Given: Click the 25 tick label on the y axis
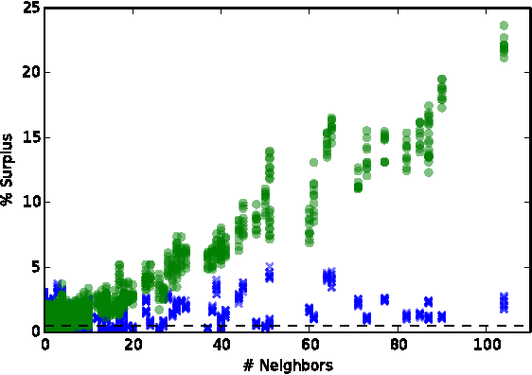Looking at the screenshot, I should pos(29,8).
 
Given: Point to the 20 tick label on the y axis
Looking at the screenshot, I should pos(29,72).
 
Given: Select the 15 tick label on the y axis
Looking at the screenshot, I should pos(29,137).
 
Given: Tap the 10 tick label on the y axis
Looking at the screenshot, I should pos(29,202).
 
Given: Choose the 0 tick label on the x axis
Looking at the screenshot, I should pos(45,345).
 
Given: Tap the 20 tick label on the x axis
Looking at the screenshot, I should pos(133,345).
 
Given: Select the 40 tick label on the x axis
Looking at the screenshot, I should pos(222,345).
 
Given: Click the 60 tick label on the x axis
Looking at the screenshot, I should pos(310,345).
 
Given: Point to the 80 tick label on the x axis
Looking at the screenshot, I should pos(398,345).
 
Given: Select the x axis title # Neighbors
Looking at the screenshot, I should pos(288,365).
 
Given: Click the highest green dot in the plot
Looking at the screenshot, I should pos(504,26).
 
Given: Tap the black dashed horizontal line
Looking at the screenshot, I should pos(284,326).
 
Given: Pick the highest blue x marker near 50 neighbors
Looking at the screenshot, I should pos(270,267).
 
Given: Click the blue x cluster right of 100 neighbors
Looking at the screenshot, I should pos(504,302).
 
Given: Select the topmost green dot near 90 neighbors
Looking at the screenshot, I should pos(442,80).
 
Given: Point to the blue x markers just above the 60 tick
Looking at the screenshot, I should pos(310,310).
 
